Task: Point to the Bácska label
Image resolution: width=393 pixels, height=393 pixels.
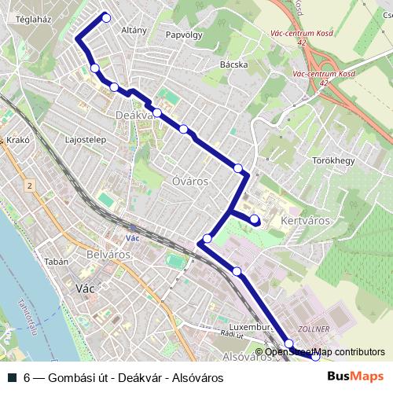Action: (x=234, y=64)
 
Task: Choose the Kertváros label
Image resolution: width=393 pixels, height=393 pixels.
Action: (x=303, y=222)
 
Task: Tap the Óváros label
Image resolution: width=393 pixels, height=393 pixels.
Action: (x=188, y=181)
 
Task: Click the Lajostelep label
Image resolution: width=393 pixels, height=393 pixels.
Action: (x=85, y=140)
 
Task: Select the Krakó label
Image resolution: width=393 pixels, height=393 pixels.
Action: (x=17, y=140)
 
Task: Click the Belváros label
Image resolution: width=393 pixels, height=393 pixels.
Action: (x=108, y=255)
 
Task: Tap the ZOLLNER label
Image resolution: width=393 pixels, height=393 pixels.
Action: (x=315, y=328)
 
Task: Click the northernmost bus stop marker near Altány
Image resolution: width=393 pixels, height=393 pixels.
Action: (x=106, y=18)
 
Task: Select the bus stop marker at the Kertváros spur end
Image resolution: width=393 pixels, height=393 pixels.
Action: (x=255, y=219)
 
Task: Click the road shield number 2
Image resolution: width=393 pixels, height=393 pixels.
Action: (x=29, y=185)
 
